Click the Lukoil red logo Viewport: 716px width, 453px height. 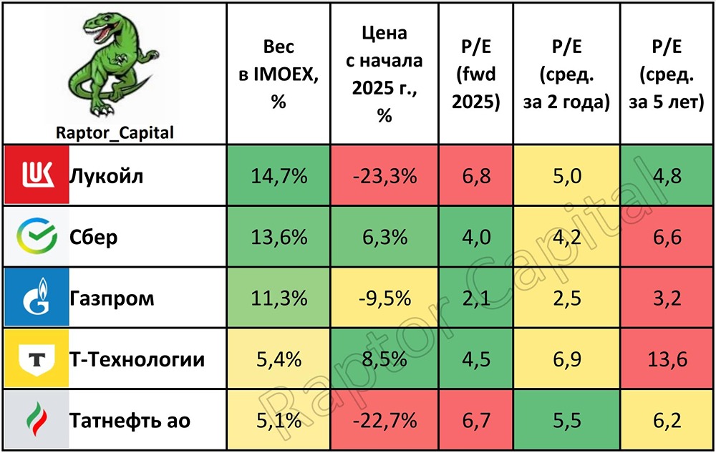coord(35,175)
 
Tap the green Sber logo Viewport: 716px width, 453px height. coord(35,237)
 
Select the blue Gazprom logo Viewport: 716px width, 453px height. coord(35,298)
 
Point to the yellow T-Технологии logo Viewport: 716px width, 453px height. coord(35,359)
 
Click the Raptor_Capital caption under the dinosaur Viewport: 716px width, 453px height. coord(114,132)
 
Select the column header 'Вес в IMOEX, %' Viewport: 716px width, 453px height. coord(279,74)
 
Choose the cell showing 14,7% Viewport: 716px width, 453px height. coord(279,176)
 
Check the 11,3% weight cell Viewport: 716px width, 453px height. coord(279,298)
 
